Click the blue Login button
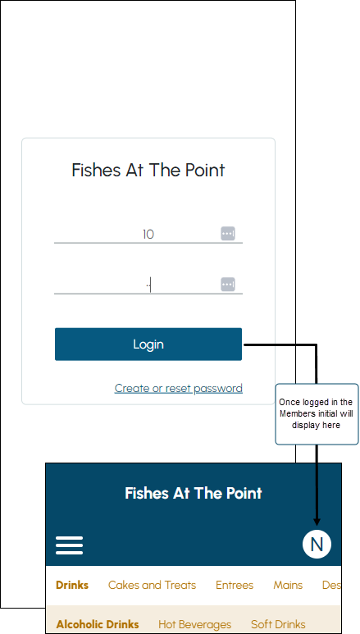[148, 344]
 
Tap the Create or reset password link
[179, 388]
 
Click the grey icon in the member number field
[228, 234]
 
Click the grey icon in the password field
[228, 285]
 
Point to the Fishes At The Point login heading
[148, 171]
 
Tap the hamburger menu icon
[69, 545]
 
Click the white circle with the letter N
[317, 545]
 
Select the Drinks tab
[72, 585]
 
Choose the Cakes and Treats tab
[152, 585]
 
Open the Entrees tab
[235, 585]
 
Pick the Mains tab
[288, 585]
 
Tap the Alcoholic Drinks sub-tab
[98, 624]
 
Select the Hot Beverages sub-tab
[194, 625]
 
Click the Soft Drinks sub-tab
[278, 624]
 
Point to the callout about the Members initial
[317, 414]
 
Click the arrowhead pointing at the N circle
[317, 522]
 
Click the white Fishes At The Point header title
[194, 493]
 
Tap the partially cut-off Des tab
[331, 585]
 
